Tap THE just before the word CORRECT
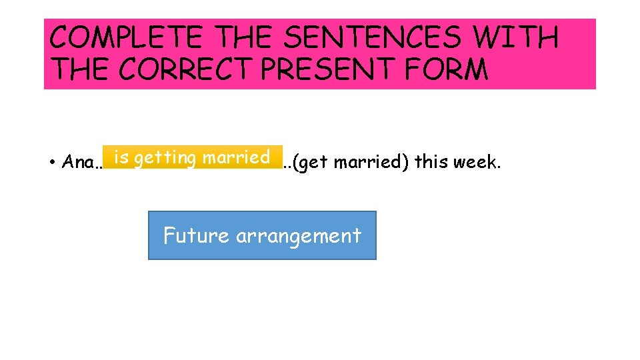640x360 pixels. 77,69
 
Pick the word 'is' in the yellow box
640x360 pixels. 121,158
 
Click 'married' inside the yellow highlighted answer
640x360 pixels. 236,158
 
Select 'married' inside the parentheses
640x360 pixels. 371,162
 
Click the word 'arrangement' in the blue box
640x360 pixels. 298,236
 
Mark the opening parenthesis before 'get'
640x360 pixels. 295,163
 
